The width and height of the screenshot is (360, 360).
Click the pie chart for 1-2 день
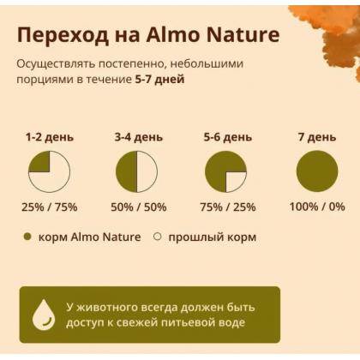49,171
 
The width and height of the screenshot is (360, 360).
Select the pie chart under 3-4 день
137,171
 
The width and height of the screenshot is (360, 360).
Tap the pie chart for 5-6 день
225,171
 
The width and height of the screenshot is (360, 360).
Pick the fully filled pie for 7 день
316,171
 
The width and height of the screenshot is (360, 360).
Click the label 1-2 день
49,137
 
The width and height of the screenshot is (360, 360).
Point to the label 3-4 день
137,137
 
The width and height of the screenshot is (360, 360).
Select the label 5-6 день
227,137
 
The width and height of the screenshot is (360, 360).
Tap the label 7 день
316,137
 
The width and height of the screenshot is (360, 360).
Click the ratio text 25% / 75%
49,207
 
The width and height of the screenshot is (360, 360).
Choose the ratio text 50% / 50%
137,207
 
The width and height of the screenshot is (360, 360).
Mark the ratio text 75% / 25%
227,207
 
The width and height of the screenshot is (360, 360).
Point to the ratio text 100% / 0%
316,207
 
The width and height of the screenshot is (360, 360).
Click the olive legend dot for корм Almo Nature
27,237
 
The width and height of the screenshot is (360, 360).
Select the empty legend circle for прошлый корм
157,237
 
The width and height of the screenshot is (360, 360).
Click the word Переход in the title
63,36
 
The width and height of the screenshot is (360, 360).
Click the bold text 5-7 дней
159,79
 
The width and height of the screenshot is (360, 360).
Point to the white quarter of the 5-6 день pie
235,181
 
